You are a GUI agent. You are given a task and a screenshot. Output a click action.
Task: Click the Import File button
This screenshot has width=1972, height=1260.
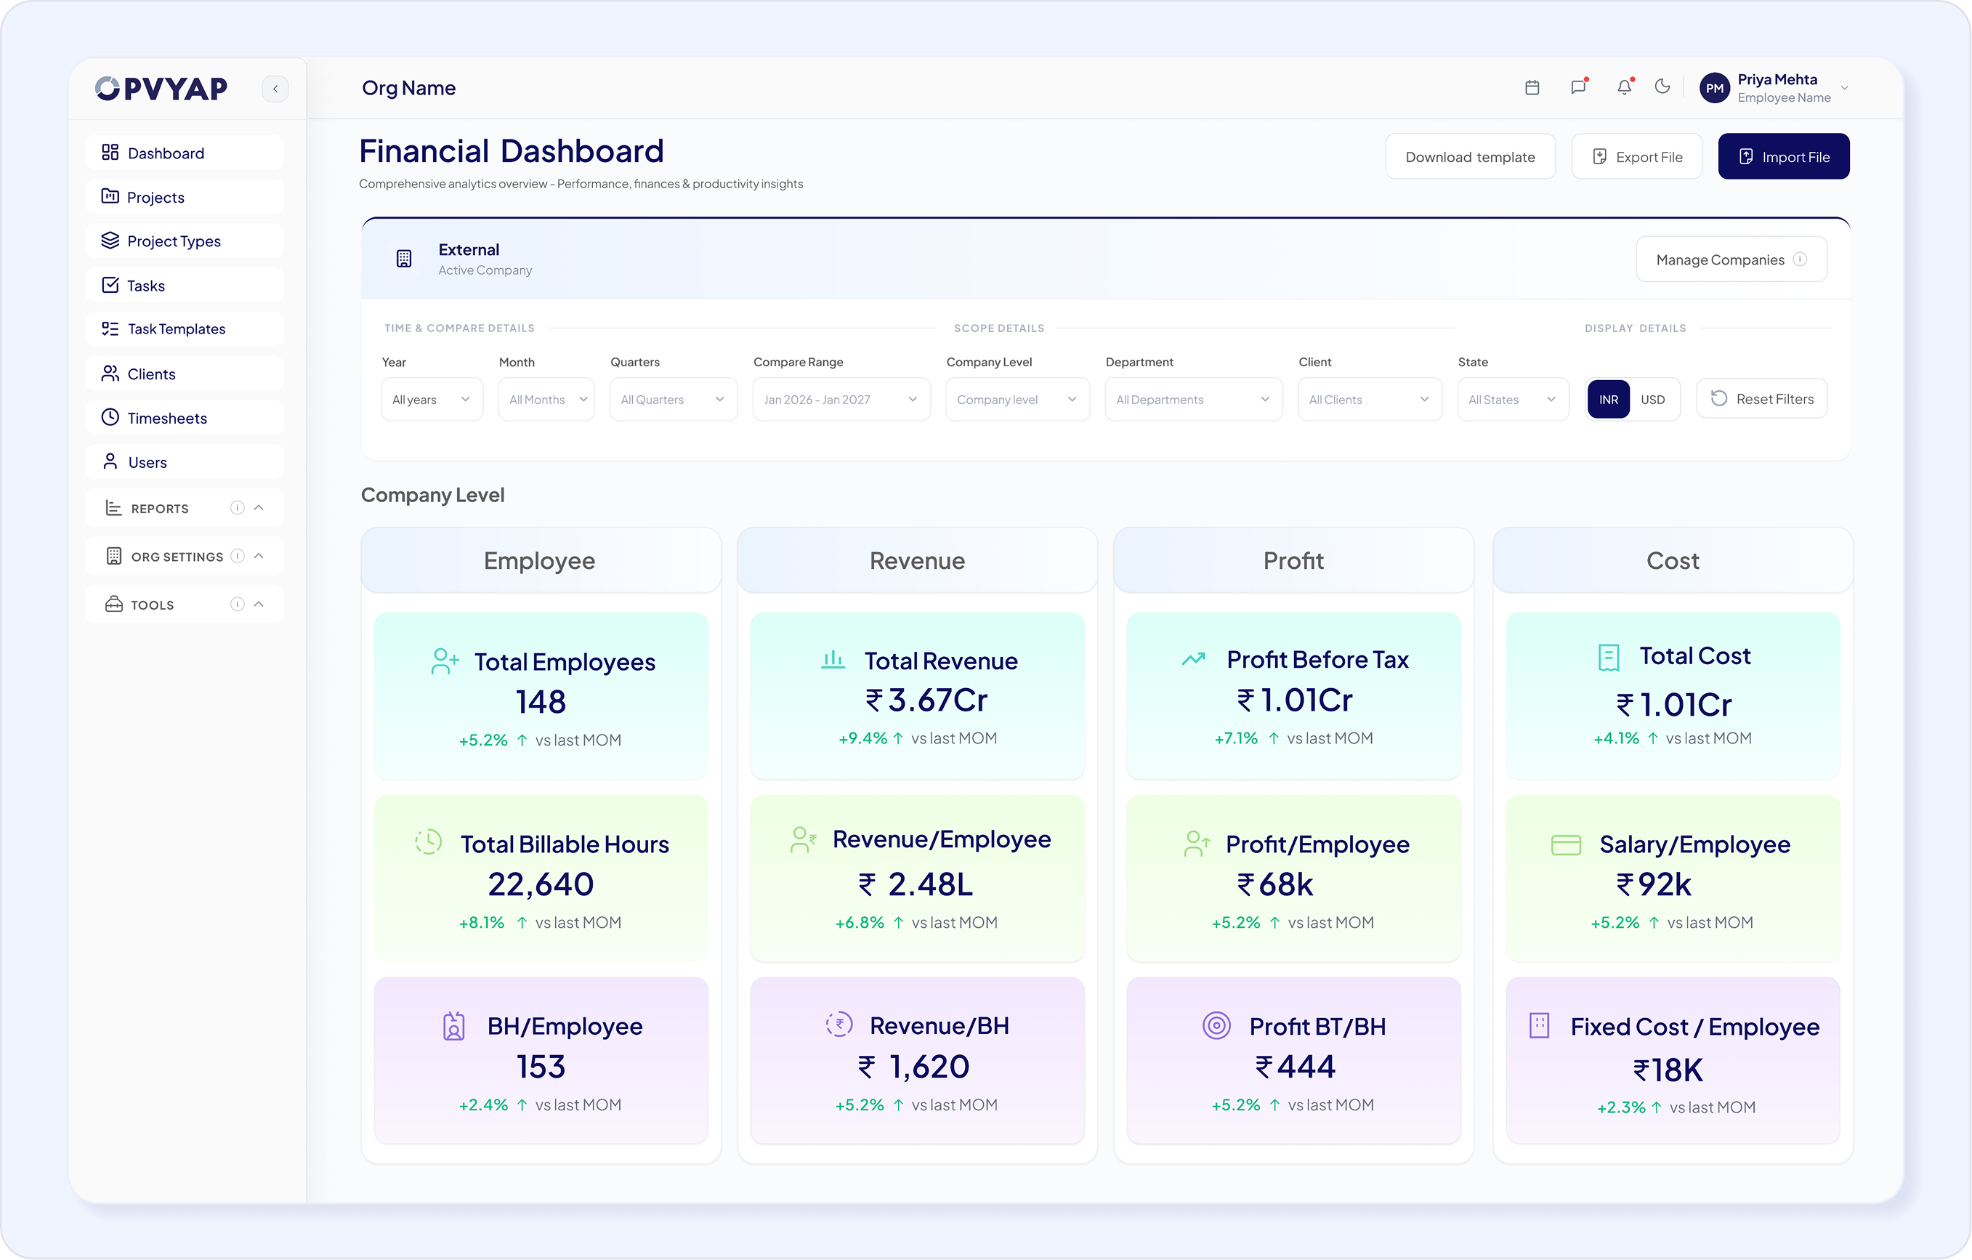pos(1783,156)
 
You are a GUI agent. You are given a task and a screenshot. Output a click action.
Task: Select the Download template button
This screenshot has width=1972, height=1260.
pos(1470,156)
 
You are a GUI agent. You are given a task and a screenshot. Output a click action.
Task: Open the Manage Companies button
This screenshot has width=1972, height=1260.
pos(1731,259)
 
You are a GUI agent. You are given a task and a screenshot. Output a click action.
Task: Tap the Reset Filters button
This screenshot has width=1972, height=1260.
pos(1761,399)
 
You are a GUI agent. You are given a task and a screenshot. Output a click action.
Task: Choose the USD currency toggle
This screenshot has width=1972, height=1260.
pos(1652,400)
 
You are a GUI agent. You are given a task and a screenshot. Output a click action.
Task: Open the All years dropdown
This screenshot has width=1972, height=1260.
pos(432,400)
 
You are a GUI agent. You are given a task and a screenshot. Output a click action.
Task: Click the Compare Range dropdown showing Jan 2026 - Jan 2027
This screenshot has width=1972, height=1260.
pos(841,400)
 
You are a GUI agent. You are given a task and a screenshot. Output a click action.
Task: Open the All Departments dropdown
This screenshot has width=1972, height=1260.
pos(1193,400)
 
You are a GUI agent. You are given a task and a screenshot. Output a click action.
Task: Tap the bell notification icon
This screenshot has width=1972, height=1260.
pos(1625,87)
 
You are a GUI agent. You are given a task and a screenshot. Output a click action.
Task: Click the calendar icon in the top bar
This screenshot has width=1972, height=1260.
pos(1532,88)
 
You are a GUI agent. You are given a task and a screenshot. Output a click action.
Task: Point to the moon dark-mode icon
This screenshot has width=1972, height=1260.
pos(1662,86)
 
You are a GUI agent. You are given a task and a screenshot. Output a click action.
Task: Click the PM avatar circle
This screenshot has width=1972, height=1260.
pos(1715,88)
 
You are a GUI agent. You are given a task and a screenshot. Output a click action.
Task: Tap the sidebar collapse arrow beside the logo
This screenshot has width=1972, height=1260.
pos(275,89)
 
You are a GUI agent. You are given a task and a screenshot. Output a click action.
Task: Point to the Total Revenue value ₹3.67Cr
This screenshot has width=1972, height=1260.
pos(926,700)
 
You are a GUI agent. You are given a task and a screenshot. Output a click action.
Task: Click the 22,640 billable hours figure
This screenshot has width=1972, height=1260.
pos(541,885)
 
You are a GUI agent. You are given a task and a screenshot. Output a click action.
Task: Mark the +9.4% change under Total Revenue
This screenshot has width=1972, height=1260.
pos(862,738)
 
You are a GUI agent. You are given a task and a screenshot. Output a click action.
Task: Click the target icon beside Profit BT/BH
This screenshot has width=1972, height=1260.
pos(1216,1026)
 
